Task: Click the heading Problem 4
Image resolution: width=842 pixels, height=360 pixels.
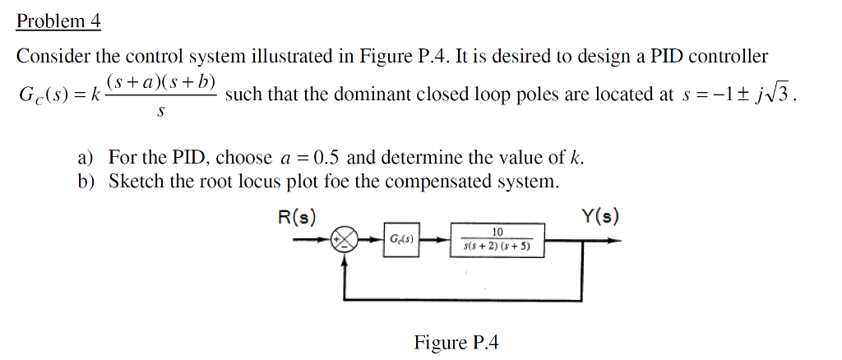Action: (x=58, y=21)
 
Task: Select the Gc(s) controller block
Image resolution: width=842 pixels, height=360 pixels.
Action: (x=401, y=240)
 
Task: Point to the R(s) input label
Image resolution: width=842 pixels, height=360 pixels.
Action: (x=298, y=218)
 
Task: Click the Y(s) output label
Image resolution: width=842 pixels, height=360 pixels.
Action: (x=600, y=218)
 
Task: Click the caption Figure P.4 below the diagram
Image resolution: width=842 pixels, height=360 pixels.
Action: (x=456, y=342)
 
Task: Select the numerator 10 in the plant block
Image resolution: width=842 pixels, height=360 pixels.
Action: (x=497, y=233)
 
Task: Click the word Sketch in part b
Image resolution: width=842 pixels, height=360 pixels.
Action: (x=136, y=181)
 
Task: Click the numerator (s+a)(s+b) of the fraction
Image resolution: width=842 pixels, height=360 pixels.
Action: (x=160, y=82)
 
